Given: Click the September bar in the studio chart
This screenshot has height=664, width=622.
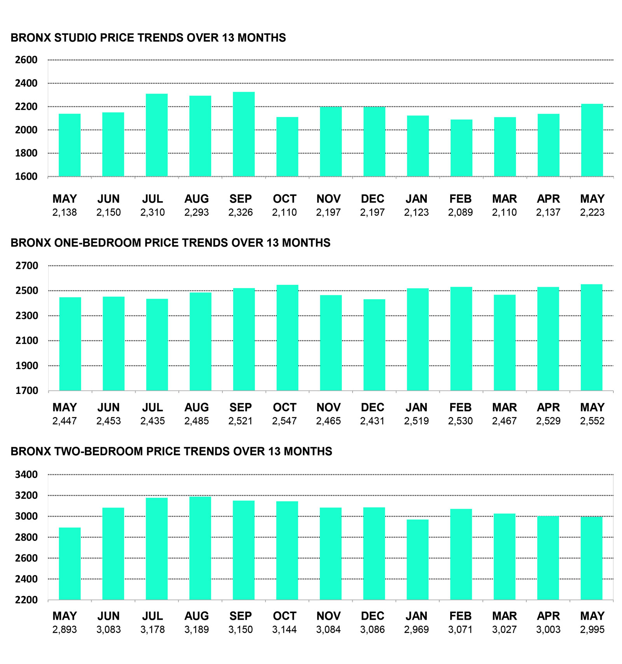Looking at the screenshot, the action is tap(244, 134).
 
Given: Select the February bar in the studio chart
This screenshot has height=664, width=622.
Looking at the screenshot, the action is tap(461, 148).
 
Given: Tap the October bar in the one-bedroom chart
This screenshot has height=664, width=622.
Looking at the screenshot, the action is tap(288, 338).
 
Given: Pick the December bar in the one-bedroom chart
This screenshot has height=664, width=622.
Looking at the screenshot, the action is tap(374, 345).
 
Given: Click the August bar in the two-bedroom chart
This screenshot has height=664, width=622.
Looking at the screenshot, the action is tap(200, 548).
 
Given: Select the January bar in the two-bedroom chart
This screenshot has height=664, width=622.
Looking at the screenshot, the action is tap(418, 559).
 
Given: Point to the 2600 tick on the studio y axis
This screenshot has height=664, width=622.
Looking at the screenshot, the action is tap(26, 60).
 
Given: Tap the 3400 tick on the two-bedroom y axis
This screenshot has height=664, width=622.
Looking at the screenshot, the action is tap(26, 474).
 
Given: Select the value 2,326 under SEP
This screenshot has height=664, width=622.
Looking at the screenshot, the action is tap(241, 213).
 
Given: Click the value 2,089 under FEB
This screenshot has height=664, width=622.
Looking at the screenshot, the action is tap(460, 213).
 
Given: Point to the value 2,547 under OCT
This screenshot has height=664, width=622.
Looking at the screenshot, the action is tap(285, 421).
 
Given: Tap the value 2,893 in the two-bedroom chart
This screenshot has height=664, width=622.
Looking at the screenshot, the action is tap(65, 630).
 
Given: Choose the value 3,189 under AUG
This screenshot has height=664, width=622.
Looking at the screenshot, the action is tap(197, 630).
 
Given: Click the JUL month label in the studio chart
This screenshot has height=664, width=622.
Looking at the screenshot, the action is tap(152, 199).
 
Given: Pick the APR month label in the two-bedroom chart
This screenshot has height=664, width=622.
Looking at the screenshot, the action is tap(549, 616).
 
